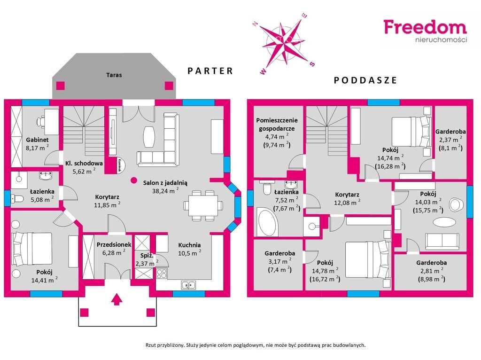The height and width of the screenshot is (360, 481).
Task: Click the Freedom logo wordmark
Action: tap(425, 27)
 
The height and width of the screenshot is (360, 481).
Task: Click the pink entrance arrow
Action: tap(116, 299)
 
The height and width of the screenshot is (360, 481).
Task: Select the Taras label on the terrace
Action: tap(114, 75)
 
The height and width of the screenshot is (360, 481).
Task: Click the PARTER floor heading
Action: tap(210, 71)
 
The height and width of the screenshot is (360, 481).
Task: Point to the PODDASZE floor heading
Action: tap(365, 80)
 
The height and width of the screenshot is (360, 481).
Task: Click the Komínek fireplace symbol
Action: tap(119, 166)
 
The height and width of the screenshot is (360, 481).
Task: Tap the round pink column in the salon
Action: tap(133, 180)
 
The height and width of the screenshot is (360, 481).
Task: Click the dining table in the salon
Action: tap(203, 205)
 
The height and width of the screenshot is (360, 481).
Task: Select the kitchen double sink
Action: tap(189, 285)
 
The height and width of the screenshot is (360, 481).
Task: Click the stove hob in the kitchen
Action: tap(162, 274)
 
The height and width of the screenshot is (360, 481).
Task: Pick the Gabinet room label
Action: tap(37, 140)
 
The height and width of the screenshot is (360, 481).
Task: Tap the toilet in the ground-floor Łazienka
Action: tap(17, 199)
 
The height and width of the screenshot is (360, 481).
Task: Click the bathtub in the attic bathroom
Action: tap(267, 222)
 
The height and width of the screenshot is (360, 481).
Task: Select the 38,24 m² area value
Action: tap(165, 191)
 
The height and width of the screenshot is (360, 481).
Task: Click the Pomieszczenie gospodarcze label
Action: tap(277, 124)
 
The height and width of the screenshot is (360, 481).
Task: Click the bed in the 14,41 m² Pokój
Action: tap(31, 249)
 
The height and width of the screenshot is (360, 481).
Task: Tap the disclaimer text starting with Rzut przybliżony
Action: tap(256, 345)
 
